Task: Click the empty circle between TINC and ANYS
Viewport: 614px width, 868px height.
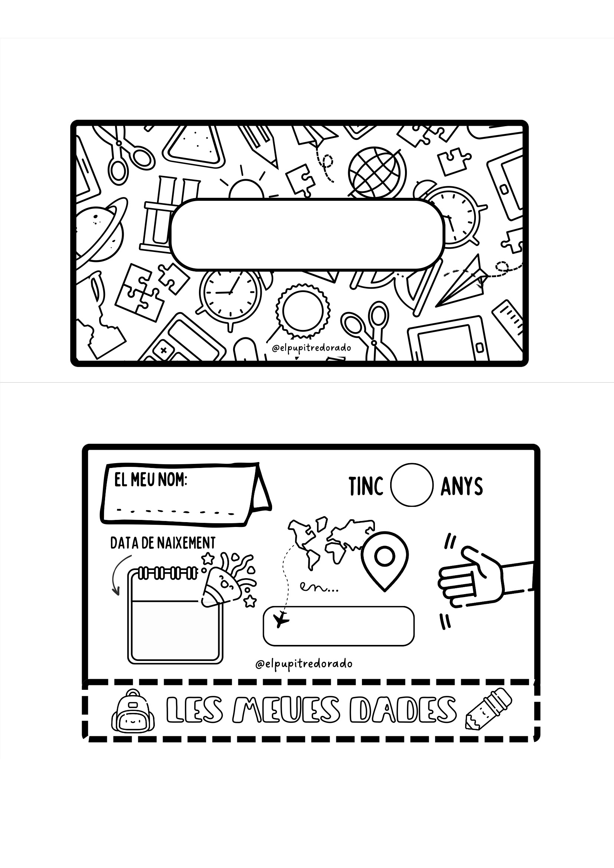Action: (x=412, y=485)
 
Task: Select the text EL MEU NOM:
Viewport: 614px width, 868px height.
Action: (x=150, y=481)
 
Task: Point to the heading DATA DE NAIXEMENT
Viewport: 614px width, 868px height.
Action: (x=163, y=543)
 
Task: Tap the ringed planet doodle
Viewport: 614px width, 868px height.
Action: (x=99, y=231)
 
